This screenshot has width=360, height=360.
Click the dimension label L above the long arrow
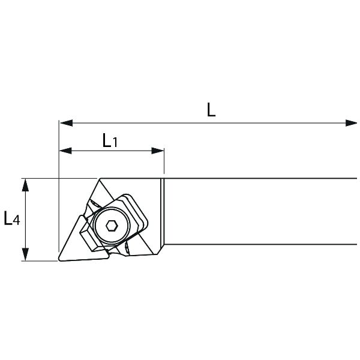coord(211,110)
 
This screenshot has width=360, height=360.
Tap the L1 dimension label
coord(110,140)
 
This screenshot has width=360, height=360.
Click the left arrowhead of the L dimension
coord(67,123)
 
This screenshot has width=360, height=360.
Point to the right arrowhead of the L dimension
coord(351,123)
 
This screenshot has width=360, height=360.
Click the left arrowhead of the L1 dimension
coord(65,151)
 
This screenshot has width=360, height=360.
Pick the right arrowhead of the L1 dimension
coord(158,151)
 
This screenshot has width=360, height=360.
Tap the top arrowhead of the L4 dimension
coord(25,185)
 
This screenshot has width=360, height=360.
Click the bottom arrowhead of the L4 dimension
coord(25,254)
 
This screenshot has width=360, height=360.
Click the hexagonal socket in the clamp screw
coord(112,226)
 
